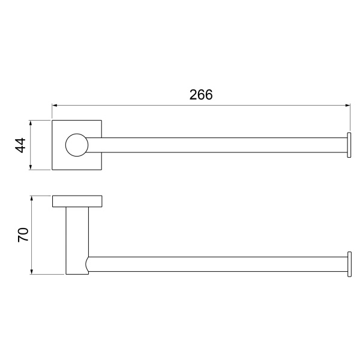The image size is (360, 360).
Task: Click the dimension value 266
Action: pos(202,95)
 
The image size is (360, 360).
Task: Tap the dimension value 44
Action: pos(20,145)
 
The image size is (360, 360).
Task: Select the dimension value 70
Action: pos(23,235)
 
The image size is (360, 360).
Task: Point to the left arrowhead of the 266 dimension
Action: pos(55,106)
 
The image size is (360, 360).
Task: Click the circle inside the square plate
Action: pos(76,145)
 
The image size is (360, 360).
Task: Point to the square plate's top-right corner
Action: pos(101,121)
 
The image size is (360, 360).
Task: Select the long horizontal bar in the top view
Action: pos(216,145)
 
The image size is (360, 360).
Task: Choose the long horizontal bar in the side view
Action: pos(216,264)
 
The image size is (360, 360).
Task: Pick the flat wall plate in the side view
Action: pos(77,202)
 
